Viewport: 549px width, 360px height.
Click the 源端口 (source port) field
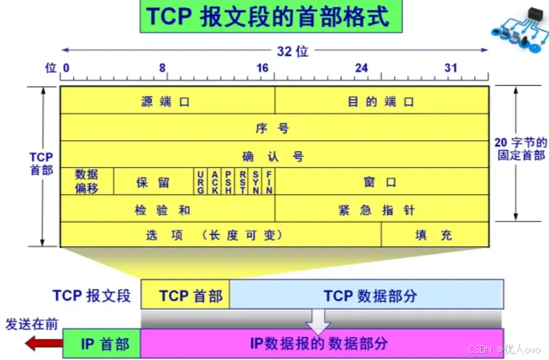tap(167, 101)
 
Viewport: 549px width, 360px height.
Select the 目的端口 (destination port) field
tap(382, 101)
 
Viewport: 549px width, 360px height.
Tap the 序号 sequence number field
tap(274, 128)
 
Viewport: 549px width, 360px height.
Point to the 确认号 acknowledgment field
tap(274, 155)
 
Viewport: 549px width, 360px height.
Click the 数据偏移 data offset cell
tap(87, 181)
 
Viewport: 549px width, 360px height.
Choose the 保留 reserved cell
tap(153, 181)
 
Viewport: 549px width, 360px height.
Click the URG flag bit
tap(200, 181)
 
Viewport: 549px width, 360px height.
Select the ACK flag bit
tap(214, 181)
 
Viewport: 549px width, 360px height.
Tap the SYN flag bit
tap(256, 181)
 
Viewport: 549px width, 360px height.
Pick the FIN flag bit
tap(269, 181)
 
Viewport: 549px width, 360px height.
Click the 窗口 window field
tap(382, 181)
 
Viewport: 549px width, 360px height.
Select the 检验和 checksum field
tap(167, 209)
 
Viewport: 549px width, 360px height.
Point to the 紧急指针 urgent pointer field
tap(382, 209)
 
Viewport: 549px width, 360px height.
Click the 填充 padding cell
tap(435, 235)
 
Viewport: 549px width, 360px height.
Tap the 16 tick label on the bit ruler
tap(263, 68)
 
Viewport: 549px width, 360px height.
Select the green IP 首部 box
tap(102, 343)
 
